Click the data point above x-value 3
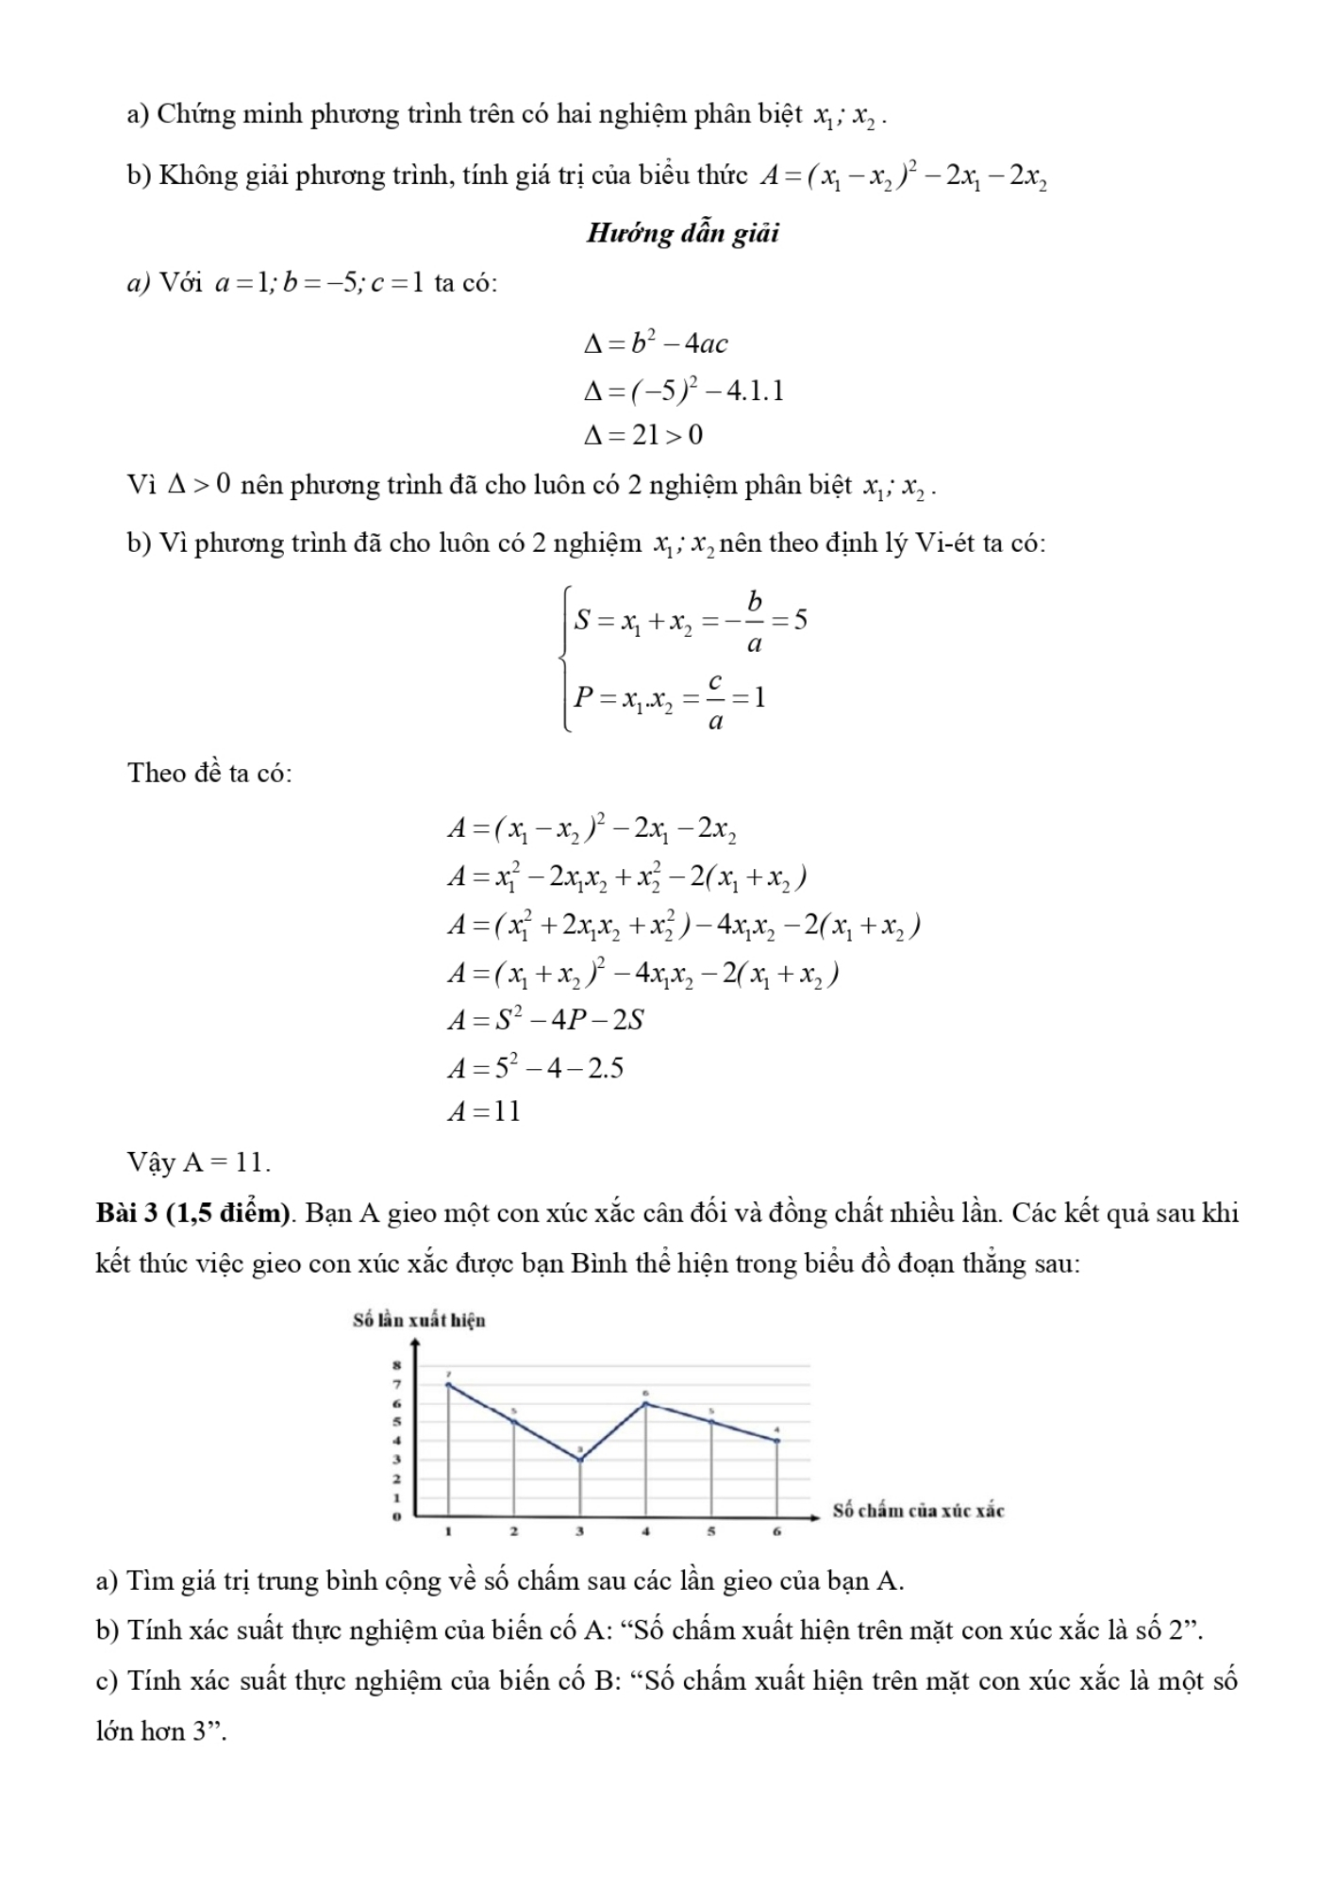[580, 1460]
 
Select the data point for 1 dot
[448, 1384]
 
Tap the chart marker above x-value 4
[645, 1403]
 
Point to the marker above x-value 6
[777, 1441]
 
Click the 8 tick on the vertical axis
[397, 1364]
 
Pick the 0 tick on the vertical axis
[397, 1516]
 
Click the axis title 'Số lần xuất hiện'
[419, 1320]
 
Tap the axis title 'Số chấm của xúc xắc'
[918, 1511]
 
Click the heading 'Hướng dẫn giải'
[682, 233]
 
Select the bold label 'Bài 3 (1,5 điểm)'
[193, 1213]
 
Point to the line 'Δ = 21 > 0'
[643, 435]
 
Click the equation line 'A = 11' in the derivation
[484, 1111]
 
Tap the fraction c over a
[715, 700]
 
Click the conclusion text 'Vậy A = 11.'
[199, 1162]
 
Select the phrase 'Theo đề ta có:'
[209, 773]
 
